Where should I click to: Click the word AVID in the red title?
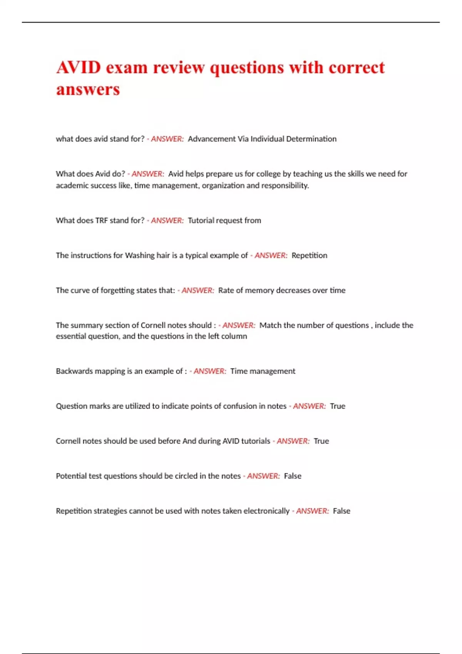(x=79, y=68)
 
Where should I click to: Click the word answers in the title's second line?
(x=88, y=90)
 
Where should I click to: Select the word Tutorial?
(x=201, y=220)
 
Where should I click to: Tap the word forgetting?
(x=118, y=290)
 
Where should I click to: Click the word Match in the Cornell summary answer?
(x=270, y=325)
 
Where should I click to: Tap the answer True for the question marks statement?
(x=338, y=406)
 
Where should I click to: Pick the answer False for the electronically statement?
(x=341, y=511)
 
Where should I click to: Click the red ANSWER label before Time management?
(x=209, y=371)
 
